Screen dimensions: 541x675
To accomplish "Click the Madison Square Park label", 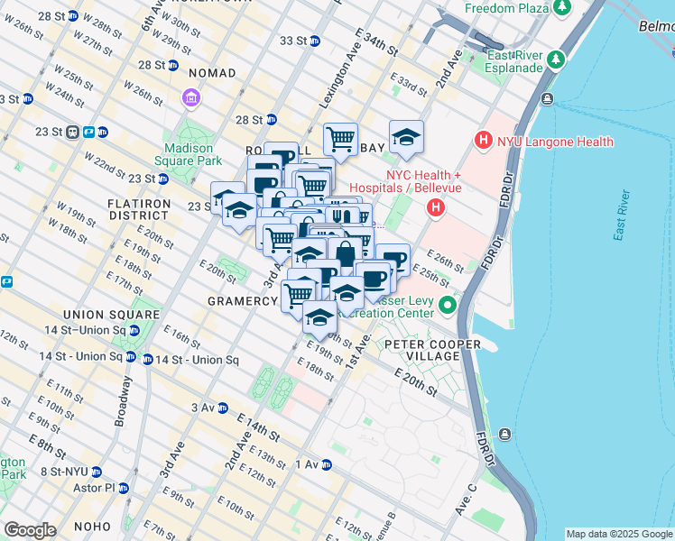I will click(x=188, y=155).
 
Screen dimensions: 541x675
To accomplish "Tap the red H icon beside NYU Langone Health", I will click(x=484, y=142).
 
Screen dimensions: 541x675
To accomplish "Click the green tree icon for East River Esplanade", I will click(x=557, y=60).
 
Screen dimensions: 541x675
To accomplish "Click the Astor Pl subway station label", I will click(x=97, y=488).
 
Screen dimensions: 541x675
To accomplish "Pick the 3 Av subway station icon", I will click(x=223, y=408).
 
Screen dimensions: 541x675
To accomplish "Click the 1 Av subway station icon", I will click(x=327, y=464).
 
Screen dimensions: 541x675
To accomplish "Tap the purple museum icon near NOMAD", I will click(x=190, y=96).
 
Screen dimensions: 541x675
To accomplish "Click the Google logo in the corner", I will click(x=30, y=530).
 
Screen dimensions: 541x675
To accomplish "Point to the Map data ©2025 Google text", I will click(x=618, y=534).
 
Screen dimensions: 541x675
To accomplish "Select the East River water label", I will click(x=621, y=216).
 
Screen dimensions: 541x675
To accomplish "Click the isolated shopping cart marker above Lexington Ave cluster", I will click(x=340, y=139).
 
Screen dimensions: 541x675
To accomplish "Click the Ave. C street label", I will click(x=467, y=499).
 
